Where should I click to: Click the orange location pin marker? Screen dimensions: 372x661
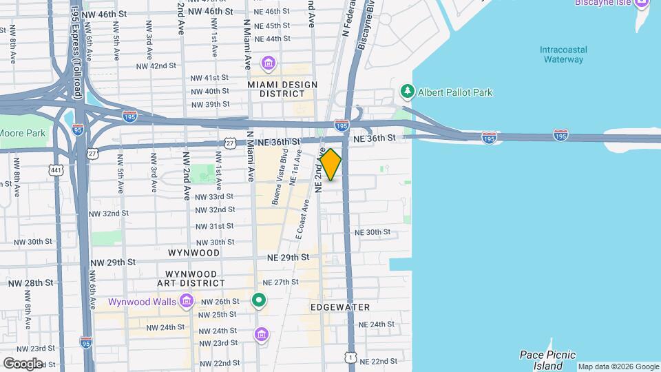coord(330,165)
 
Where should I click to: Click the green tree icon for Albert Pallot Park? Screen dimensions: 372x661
coord(408,91)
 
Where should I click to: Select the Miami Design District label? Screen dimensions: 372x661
coord(282,90)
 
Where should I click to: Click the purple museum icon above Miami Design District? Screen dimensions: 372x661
coord(269,65)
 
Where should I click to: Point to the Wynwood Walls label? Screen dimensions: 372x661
coord(141,302)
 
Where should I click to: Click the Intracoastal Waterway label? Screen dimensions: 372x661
coord(562,54)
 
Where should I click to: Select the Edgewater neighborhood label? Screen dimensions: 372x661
coord(340,307)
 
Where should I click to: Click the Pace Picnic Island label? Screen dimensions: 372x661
coord(547,360)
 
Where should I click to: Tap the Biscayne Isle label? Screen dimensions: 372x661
coord(602,3)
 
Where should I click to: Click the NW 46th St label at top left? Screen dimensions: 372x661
coord(104,14)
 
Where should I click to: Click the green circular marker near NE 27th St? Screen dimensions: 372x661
coord(259,300)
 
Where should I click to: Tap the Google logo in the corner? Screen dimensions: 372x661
coord(23,363)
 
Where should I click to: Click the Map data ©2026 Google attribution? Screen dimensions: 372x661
coord(618,366)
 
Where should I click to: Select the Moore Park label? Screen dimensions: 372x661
coord(22,133)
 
